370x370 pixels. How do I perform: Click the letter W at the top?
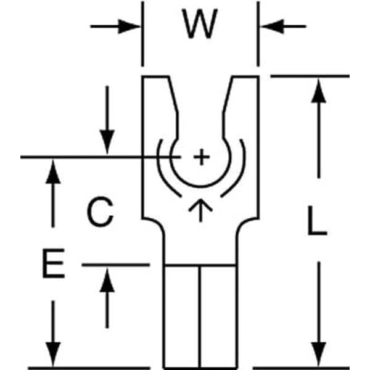point(200,26)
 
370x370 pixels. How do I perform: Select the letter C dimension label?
point(99,213)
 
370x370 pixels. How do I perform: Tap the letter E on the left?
point(54,266)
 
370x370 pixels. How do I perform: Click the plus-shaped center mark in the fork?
point(200,158)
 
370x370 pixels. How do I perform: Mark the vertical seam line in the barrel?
point(200,314)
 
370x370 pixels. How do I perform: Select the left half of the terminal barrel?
point(182,314)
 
